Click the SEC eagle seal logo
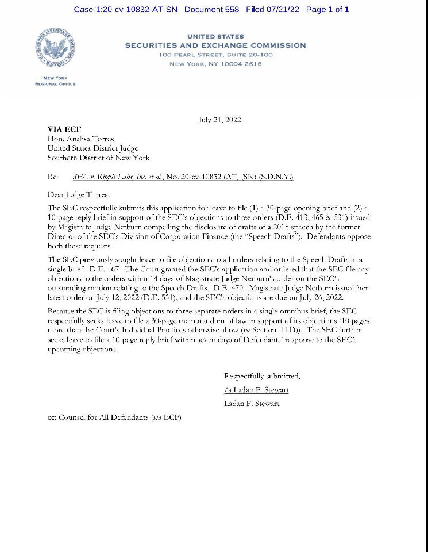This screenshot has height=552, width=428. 55,48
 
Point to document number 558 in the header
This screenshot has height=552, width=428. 211,9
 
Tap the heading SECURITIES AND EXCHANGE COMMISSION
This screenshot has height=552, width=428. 215,45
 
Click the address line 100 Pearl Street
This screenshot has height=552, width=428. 215,55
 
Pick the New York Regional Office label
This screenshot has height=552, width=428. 55,81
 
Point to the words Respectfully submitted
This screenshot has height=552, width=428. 261,377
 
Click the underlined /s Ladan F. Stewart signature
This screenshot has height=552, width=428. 256,390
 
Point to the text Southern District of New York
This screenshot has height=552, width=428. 98,158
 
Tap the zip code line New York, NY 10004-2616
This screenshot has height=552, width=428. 215,64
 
